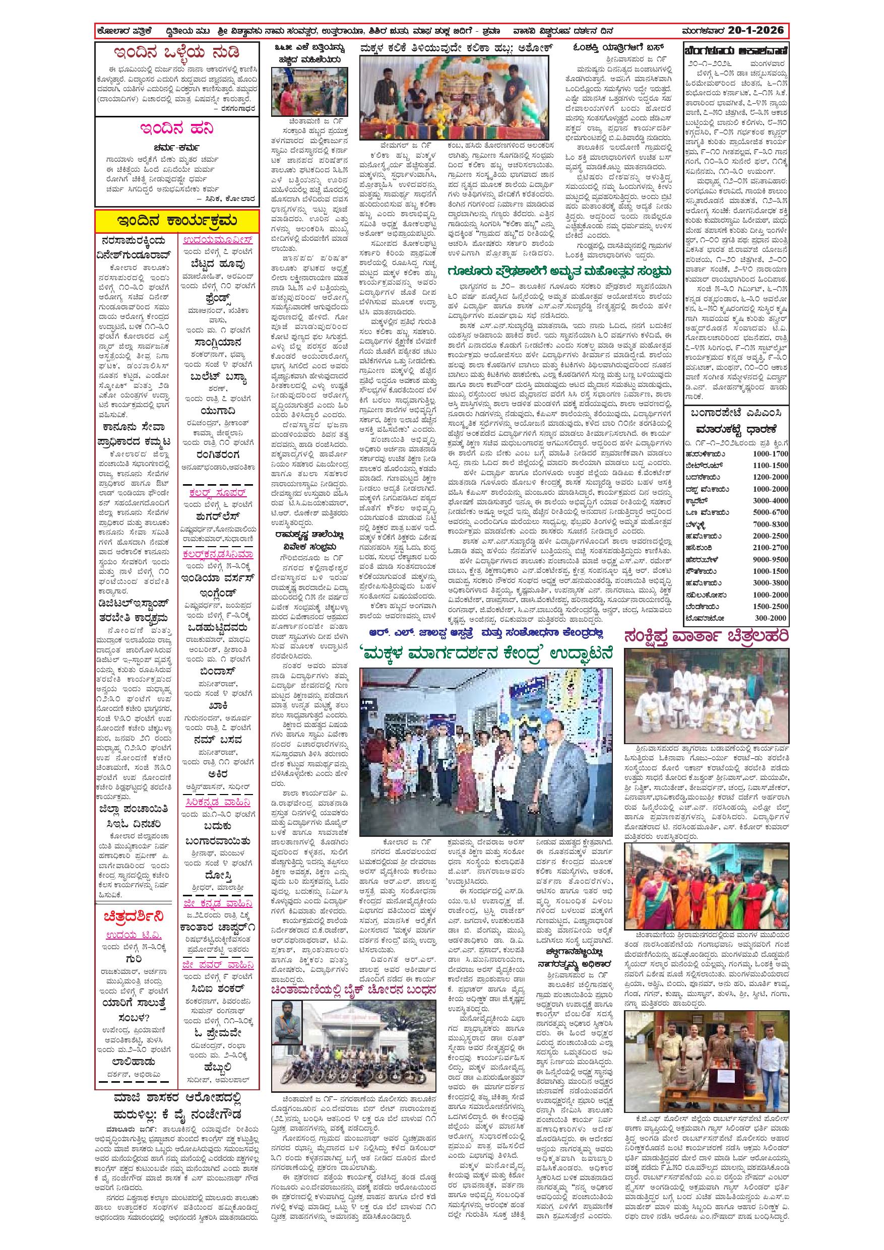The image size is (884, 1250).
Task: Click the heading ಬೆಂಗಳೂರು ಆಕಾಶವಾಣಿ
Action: pos(736,50)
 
